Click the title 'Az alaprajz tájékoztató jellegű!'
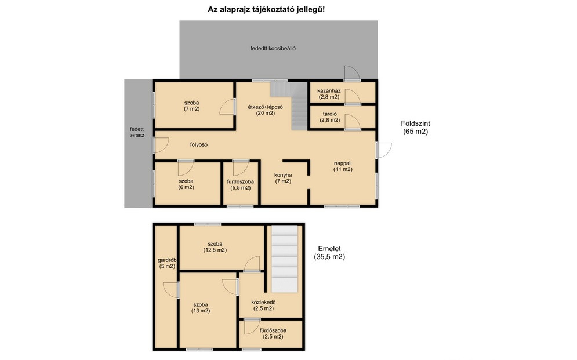coord(266,9)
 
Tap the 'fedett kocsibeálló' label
coord(273,48)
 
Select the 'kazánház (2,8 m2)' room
coord(342,92)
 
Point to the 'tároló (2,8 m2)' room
coord(342,117)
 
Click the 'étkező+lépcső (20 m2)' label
coord(266,110)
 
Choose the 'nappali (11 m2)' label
coord(343,166)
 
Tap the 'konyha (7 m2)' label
coord(283,179)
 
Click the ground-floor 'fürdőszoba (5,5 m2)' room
coord(241,183)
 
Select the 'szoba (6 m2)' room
coord(188,183)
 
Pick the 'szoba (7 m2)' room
coord(194,105)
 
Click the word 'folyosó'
coord(199,145)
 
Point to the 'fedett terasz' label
coord(137,132)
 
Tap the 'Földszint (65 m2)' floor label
coord(415,128)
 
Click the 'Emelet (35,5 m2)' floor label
coord(329,253)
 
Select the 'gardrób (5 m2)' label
coord(166,263)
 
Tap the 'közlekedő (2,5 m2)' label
coord(263,306)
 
